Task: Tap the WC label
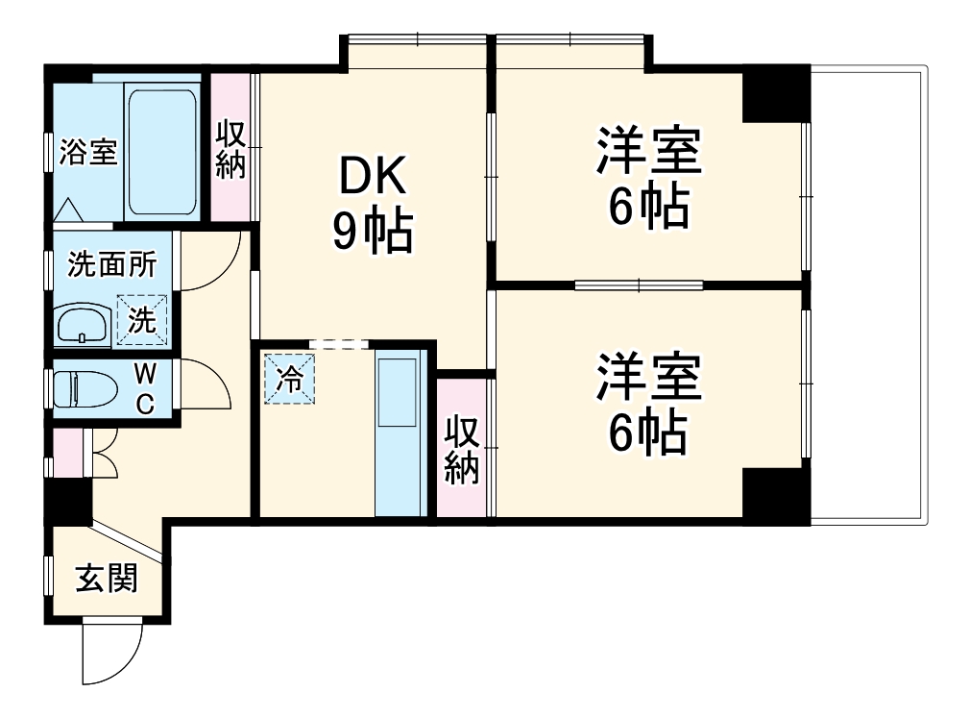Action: click(143, 387)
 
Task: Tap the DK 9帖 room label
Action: click(373, 204)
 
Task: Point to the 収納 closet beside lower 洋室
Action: click(461, 449)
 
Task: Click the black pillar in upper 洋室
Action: click(775, 93)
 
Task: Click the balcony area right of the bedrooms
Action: click(868, 293)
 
